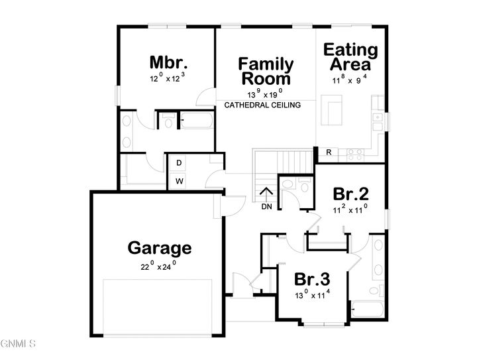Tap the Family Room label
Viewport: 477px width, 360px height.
point(266,71)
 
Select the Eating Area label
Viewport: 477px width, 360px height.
point(350,57)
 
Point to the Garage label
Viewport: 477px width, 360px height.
point(160,249)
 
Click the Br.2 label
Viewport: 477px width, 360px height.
point(350,194)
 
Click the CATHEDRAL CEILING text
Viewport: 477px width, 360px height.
point(263,105)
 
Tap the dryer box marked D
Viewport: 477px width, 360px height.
point(179,163)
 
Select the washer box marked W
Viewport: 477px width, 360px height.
point(179,180)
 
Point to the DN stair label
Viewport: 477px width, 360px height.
point(266,207)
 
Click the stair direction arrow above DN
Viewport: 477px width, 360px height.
point(266,194)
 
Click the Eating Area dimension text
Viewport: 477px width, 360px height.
point(350,78)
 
